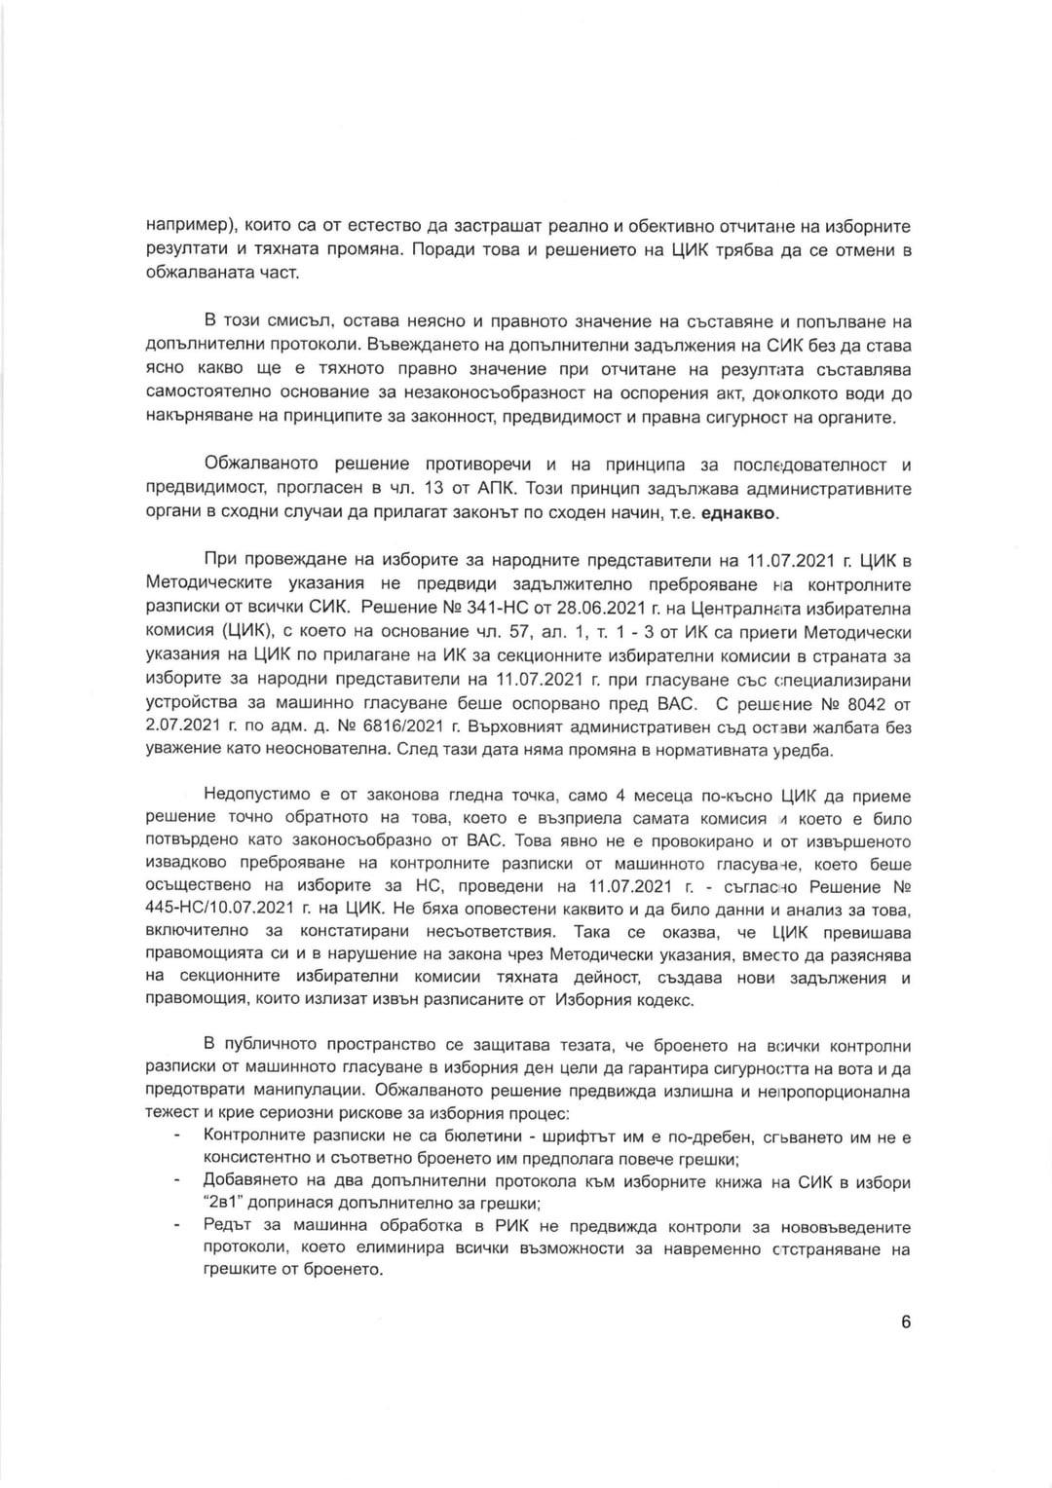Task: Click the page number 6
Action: tap(906, 1321)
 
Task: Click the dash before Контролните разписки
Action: tap(177, 1136)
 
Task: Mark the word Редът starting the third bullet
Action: tap(226, 1227)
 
